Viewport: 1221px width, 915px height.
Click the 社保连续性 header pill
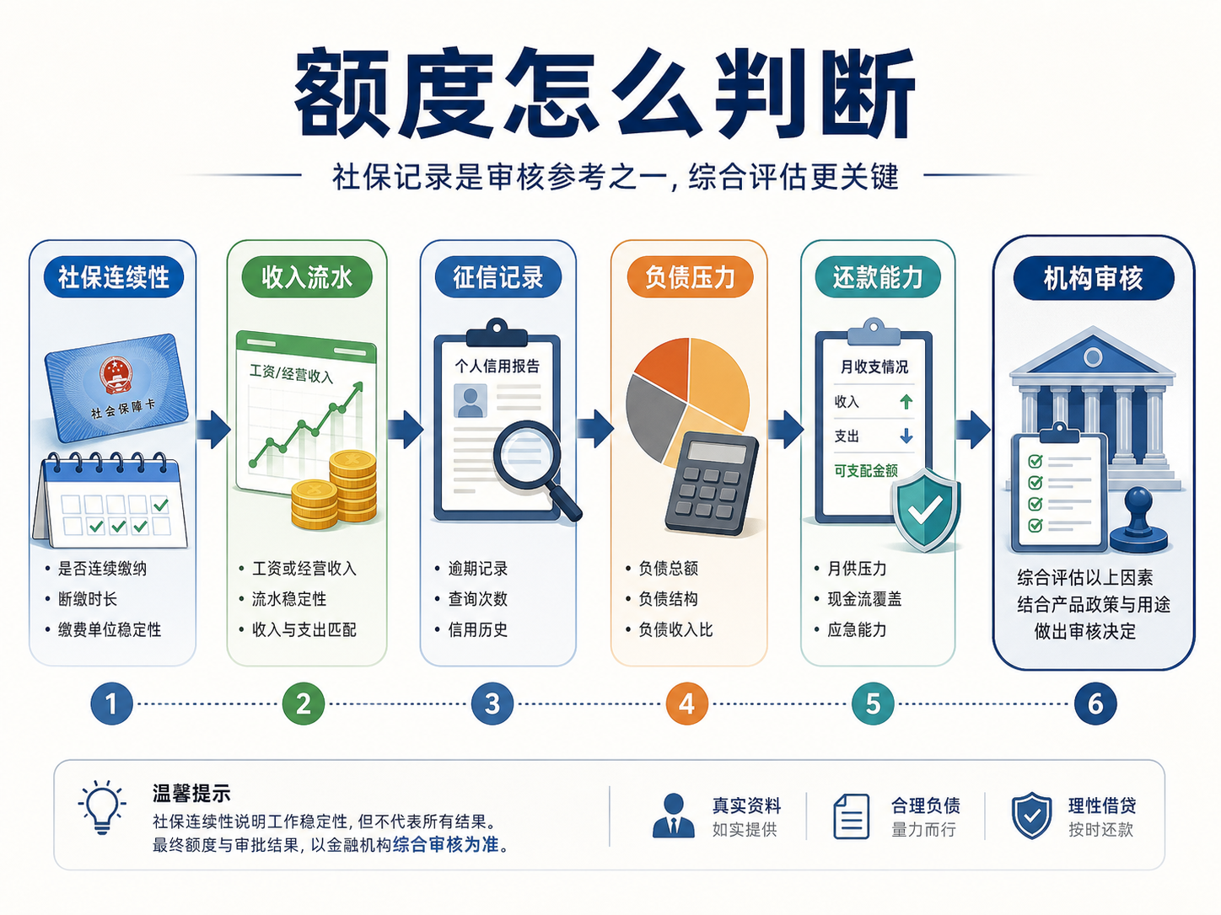(x=114, y=276)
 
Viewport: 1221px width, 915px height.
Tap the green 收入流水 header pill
(x=306, y=276)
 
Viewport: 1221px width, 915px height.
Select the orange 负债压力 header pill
(x=690, y=276)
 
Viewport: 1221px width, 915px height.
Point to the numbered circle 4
(x=687, y=704)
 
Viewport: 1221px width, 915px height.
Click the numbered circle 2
(x=304, y=704)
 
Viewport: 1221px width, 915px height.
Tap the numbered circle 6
(x=1095, y=704)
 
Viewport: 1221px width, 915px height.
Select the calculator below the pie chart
(x=712, y=484)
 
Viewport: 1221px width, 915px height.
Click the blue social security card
(x=116, y=388)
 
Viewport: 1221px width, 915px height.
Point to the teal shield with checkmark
(x=925, y=508)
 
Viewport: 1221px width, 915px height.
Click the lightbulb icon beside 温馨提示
(x=102, y=806)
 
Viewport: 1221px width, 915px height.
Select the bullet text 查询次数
(x=478, y=599)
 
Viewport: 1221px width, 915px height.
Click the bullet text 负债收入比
(x=675, y=629)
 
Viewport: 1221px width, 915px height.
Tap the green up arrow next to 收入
(x=906, y=401)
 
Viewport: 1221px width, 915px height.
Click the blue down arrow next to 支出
(x=906, y=436)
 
